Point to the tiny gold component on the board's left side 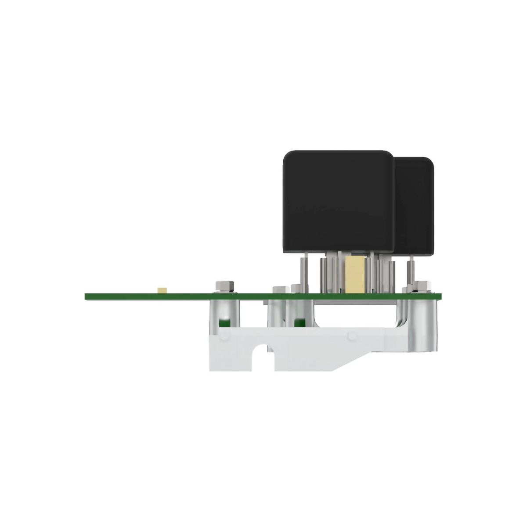[x=162, y=290]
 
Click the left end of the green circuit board [x=88, y=297]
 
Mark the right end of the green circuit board [x=437, y=297]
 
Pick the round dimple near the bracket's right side [x=352, y=336]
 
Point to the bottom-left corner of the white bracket [x=211, y=370]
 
